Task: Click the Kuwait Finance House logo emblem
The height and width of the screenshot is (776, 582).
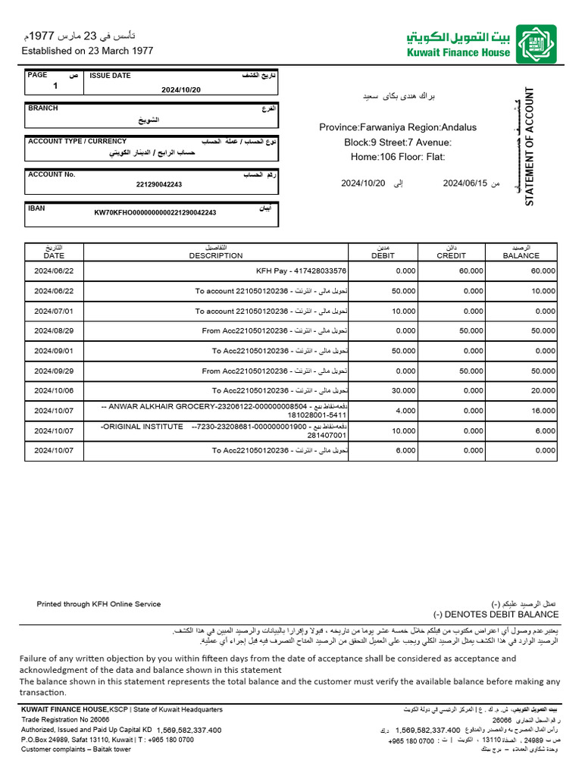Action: (536, 44)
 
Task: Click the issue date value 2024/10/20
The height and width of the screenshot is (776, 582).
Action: (182, 89)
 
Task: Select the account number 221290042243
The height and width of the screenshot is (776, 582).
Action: (159, 184)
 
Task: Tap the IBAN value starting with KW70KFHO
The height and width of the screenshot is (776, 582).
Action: (155, 213)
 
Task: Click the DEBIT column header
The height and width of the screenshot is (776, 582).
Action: (383, 255)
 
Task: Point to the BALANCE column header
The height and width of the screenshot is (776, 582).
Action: (521, 255)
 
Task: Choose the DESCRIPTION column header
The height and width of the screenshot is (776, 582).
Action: (216, 255)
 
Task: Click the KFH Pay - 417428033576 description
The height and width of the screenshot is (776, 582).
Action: (302, 271)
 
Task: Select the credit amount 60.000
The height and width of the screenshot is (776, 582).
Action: (471, 271)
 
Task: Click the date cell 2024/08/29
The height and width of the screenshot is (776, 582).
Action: (54, 331)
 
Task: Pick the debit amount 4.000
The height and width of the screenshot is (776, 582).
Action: (405, 411)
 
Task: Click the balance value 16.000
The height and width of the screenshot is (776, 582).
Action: (543, 411)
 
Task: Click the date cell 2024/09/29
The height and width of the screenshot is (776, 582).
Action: (54, 371)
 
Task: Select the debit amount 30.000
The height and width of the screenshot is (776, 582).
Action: (403, 391)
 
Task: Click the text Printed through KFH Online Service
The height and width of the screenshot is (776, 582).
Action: (99, 604)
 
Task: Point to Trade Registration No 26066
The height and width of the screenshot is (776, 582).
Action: (65, 719)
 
